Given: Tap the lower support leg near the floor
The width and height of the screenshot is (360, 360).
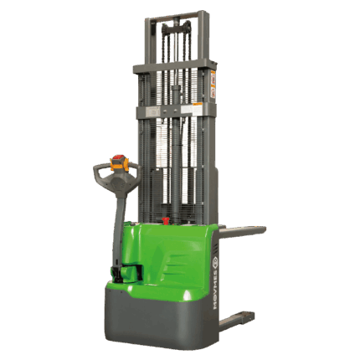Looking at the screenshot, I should pyautogui.click(x=239, y=317).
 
